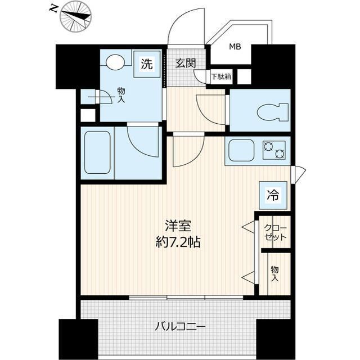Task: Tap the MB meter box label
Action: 235,47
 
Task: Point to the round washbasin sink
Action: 116,62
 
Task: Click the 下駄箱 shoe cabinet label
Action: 220,76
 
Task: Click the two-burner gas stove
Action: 274,150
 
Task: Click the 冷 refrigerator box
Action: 272,196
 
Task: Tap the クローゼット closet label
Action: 275,232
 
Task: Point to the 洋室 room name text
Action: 180,227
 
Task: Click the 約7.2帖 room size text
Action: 179,243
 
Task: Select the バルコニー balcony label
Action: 179,326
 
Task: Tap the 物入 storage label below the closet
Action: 274,274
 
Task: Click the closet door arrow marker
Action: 247,227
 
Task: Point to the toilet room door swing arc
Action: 209,106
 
